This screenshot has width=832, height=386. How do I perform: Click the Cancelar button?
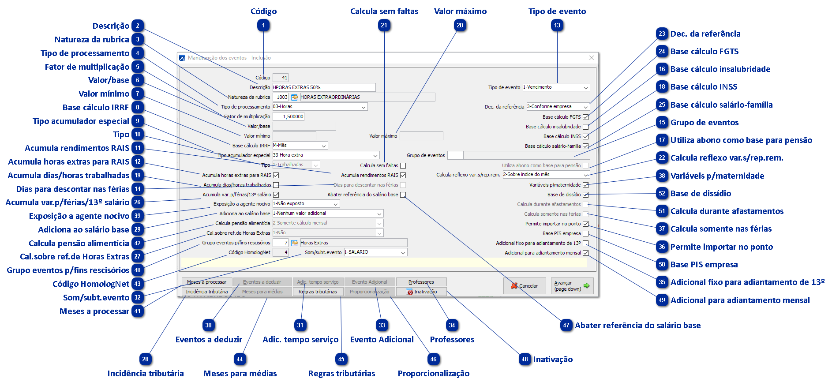525,286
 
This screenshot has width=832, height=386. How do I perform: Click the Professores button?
421,282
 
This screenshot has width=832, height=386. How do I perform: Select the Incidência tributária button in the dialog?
207,292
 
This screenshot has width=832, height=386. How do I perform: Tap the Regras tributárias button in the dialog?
318,292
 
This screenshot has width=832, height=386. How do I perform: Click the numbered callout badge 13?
557,26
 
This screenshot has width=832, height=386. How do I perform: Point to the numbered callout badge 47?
566,326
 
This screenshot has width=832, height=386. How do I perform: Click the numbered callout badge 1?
264,26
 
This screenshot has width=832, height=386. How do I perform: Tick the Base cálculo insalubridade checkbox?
585,127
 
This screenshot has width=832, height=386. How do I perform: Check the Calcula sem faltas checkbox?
403,166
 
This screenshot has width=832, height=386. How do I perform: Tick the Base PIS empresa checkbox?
585,233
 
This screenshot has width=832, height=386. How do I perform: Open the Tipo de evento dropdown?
556,87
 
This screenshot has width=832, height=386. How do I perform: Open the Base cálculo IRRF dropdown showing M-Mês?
300,146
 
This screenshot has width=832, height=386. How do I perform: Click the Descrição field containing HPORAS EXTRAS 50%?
324,87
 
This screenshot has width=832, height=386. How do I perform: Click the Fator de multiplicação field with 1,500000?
289,116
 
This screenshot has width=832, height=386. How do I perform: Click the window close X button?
591,58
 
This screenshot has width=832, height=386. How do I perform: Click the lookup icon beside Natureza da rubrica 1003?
294,97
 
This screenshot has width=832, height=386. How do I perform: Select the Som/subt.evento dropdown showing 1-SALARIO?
375,252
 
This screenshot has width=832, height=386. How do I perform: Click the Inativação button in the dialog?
421,292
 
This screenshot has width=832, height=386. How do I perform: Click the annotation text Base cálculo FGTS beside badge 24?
705,52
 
